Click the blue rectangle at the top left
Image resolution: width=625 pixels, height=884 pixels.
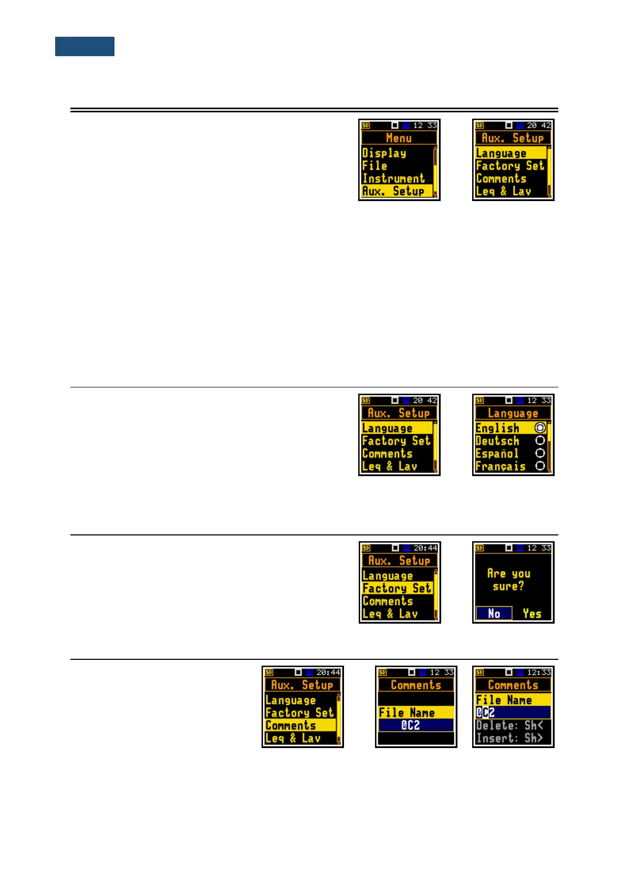(85, 46)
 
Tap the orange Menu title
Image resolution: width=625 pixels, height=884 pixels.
(399, 138)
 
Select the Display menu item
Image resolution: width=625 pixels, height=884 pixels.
(384, 153)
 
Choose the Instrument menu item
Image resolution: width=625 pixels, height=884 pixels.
(393, 178)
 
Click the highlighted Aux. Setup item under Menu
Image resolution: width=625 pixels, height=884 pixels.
(393, 191)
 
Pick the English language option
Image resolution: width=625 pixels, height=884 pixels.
(497, 428)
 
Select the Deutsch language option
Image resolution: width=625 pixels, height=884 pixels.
(497, 441)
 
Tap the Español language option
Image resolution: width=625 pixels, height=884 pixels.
(497, 454)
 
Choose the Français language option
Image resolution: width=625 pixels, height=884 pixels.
(501, 466)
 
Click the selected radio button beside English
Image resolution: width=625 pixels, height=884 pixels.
(540, 428)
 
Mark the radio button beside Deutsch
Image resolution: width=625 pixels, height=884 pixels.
(540, 441)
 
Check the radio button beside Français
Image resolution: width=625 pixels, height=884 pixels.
(540, 466)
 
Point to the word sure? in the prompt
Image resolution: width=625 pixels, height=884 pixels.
(508, 586)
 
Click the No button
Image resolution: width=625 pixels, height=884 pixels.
(494, 614)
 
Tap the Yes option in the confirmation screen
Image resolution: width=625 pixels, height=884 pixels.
(532, 614)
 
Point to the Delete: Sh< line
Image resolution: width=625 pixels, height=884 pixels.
(509, 725)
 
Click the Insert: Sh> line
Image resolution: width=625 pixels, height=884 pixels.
(509, 738)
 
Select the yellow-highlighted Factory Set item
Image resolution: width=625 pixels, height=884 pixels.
(397, 588)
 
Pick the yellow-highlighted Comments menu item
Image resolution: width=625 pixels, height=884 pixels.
(291, 725)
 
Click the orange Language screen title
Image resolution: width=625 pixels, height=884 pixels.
(513, 413)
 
